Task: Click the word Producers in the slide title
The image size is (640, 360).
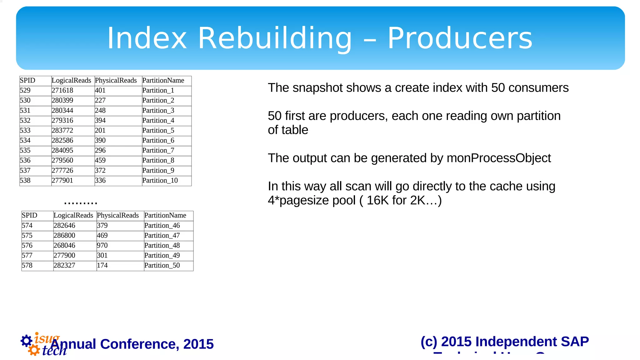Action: [460, 38]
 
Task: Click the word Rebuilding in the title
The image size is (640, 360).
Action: [275, 38]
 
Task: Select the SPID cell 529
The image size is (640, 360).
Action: [25, 91]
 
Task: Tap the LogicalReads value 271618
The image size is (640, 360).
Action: [62, 91]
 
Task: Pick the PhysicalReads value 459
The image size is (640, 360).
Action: [100, 161]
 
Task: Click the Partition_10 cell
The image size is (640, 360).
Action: [160, 181]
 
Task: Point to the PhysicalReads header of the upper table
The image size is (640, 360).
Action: [116, 81]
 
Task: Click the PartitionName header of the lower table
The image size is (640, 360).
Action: [165, 216]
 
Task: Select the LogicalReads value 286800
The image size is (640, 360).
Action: [64, 236]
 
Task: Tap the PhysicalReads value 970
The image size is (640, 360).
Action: [102, 246]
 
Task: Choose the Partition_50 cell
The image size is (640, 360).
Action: [162, 266]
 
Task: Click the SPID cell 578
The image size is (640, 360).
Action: [27, 266]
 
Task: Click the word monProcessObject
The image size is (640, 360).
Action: [499, 158]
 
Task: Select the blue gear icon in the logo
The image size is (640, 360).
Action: [26, 341]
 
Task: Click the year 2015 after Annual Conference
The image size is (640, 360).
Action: [198, 344]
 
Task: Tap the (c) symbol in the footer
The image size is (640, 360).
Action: [429, 342]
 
